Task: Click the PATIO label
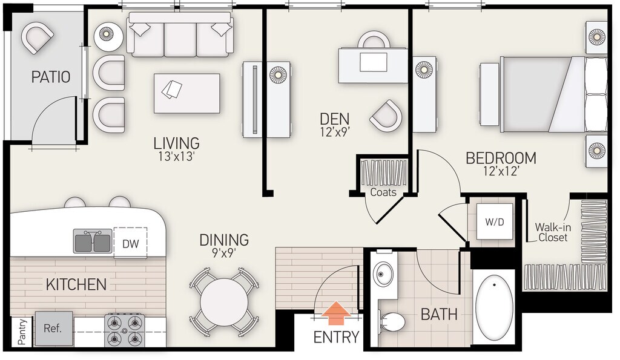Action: [x=51, y=77]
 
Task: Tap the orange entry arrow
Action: [x=335, y=313]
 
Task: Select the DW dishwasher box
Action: [x=131, y=243]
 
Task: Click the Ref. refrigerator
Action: [x=54, y=329]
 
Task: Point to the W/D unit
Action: [x=495, y=221]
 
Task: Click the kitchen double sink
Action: [x=93, y=241]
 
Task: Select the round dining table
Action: [x=224, y=303]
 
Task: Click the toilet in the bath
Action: [x=392, y=321]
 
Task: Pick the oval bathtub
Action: [x=494, y=307]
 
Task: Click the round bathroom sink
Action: [x=383, y=273]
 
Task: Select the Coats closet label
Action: [x=383, y=192]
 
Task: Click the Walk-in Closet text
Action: [x=553, y=232]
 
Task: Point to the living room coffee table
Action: [x=186, y=93]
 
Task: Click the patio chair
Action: [x=37, y=37]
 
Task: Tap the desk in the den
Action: [x=372, y=65]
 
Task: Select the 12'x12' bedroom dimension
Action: [x=501, y=171]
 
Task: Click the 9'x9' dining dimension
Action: [x=224, y=253]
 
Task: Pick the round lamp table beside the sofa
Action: [x=109, y=36]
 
